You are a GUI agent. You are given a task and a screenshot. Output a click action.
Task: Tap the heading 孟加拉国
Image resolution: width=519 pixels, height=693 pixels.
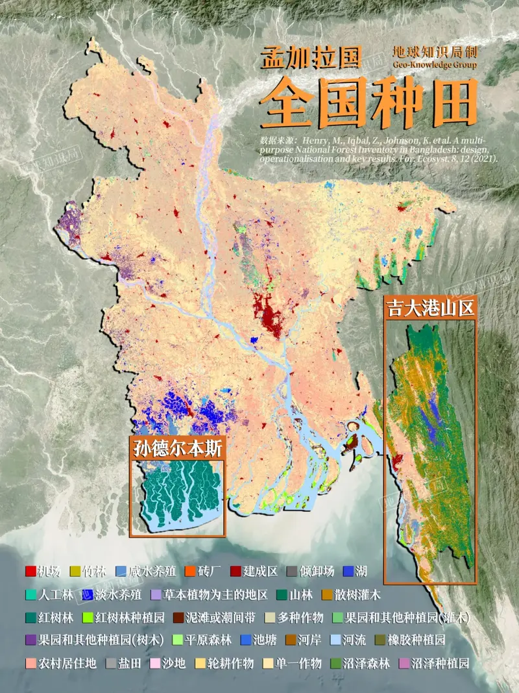310,58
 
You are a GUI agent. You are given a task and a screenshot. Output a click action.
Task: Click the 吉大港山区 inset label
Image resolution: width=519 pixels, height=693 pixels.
430,307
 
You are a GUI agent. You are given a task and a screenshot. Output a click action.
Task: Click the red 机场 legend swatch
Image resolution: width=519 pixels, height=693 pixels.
30,572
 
